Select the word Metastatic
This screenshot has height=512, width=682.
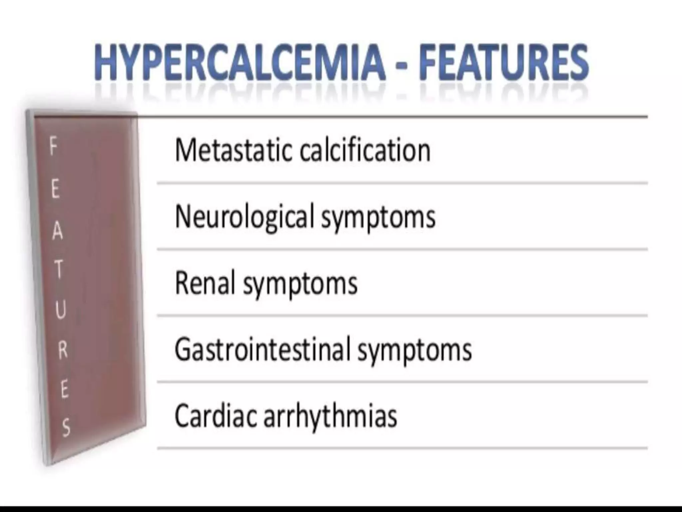click(233, 151)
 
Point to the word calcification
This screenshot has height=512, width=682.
click(365, 151)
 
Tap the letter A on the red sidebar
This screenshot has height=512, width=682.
click(57, 231)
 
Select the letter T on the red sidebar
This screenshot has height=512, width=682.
click(59, 269)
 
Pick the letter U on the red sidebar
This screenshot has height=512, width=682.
click(60, 310)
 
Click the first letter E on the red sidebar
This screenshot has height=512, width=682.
click(55, 190)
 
